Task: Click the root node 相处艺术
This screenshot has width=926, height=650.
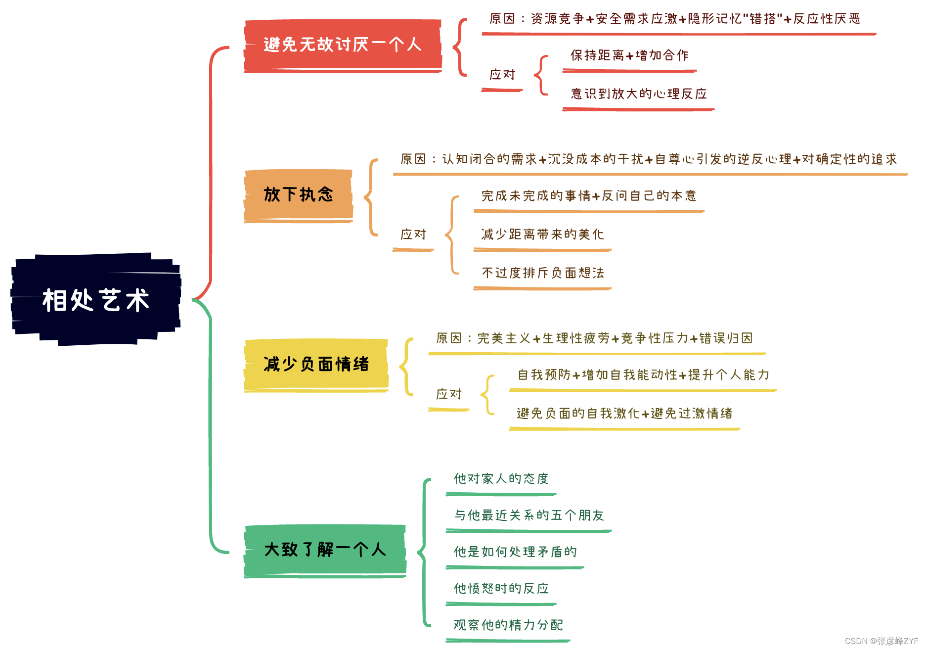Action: (x=95, y=300)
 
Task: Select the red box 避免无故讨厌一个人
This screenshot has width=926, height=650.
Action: (x=342, y=45)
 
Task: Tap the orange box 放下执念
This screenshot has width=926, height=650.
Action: (x=298, y=194)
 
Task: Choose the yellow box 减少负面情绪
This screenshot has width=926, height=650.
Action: (x=316, y=365)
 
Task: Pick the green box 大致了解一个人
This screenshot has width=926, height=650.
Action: (x=325, y=550)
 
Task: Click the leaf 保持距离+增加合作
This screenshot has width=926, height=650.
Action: (x=629, y=55)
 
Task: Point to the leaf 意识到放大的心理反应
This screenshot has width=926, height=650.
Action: (x=639, y=94)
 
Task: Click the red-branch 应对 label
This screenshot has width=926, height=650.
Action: (x=502, y=75)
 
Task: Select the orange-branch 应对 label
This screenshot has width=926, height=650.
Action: (x=413, y=234)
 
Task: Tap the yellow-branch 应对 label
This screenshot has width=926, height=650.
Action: (x=449, y=394)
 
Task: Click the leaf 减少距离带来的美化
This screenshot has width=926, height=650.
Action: (x=542, y=234)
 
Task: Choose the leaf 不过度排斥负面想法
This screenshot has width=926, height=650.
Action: (x=543, y=273)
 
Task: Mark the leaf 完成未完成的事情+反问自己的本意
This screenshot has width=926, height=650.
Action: (x=589, y=196)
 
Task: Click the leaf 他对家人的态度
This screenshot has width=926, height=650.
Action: (x=501, y=479)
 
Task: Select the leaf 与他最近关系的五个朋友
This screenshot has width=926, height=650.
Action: (x=529, y=515)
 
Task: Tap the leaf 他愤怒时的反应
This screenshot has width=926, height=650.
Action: (x=501, y=589)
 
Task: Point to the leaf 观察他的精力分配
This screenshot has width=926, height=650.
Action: (x=508, y=625)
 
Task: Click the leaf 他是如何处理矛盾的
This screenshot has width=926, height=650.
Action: (x=515, y=552)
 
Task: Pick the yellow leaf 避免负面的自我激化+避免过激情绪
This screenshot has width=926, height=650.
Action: (x=624, y=414)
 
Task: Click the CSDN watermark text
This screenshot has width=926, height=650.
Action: (x=881, y=641)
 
